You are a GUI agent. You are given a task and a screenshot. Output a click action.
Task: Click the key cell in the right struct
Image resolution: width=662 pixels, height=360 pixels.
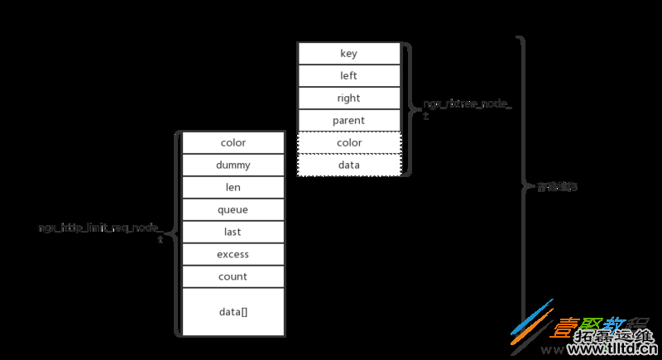tap(348, 54)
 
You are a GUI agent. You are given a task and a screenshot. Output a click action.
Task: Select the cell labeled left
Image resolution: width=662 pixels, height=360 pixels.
tap(348, 76)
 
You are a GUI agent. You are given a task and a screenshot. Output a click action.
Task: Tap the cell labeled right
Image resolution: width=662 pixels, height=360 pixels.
tap(348, 98)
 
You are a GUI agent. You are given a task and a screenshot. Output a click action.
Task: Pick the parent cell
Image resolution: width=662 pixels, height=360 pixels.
tap(348, 121)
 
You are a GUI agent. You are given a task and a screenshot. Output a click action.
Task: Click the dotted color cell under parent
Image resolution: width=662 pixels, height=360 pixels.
tap(348, 143)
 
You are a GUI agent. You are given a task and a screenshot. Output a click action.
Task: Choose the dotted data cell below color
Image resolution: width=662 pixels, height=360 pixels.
tap(348, 166)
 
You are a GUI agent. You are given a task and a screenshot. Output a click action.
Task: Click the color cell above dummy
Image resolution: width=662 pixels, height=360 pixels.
tap(233, 143)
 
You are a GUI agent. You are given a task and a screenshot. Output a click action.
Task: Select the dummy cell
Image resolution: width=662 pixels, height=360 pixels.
tap(233, 166)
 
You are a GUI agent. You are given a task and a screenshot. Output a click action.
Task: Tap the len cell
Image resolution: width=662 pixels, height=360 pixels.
tap(233, 188)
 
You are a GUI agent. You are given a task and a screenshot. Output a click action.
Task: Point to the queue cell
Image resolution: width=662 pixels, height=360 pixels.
tap(233, 210)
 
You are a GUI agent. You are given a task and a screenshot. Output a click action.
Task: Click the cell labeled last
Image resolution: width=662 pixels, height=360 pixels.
tap(233, 233)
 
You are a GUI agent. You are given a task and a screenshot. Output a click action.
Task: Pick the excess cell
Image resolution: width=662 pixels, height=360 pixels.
tap(233, 255)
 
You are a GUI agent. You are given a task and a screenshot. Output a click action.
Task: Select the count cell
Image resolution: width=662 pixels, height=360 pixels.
tap(233, 277)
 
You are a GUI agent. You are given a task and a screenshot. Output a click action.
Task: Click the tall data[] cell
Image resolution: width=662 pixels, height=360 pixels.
tap(233, 311)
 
